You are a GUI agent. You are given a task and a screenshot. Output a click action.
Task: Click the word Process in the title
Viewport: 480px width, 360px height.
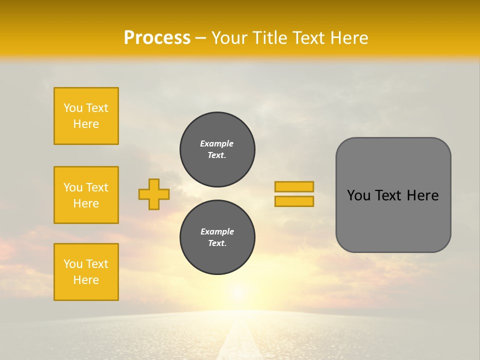157,38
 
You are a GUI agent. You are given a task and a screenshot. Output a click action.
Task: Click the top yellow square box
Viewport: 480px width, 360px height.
86,116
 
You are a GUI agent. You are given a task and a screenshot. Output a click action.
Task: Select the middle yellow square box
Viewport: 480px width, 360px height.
86,195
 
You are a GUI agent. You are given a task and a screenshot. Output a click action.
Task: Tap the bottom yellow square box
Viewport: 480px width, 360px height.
86,272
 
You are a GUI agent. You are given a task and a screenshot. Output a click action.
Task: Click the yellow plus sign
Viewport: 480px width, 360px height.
154,194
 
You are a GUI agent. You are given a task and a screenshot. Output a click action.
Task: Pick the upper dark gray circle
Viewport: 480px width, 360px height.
217,149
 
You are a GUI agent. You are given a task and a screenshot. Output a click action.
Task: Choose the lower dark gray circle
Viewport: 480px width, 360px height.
217,237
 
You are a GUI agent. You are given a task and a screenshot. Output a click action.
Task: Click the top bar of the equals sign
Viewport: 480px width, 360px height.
294,186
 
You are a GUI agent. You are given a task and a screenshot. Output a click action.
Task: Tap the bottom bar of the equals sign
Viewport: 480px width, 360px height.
294,201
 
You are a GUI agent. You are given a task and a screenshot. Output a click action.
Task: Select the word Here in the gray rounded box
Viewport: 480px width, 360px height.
422,195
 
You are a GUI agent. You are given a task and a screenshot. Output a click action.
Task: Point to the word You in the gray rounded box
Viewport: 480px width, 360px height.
359,195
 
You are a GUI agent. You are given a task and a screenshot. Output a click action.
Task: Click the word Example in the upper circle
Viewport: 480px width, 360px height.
217,143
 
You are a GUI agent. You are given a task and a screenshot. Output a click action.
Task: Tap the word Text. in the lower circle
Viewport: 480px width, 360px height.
217,243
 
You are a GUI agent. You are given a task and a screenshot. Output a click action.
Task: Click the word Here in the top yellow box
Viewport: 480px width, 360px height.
86,124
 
